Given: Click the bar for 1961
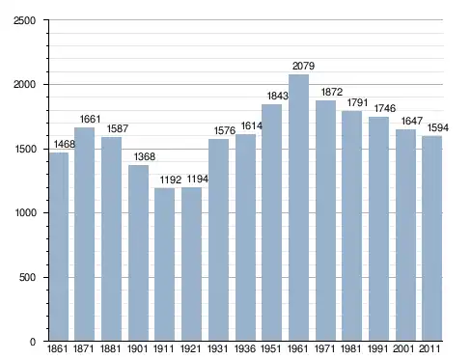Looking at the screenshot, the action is point(298,208).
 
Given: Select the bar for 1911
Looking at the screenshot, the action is point(164,264).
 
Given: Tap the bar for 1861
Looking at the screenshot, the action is point(59,247).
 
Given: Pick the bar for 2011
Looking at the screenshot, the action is point(432,238).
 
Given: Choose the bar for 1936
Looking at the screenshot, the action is point(245,237).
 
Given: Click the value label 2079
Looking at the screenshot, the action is point(303,66).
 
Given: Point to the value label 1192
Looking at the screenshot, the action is point(171,180).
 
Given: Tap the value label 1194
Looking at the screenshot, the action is point(198,179).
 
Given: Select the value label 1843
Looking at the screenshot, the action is point(278,96).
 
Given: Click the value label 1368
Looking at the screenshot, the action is point(145,156).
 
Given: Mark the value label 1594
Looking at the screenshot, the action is point(438,127).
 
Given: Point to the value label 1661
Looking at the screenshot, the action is point(90,119).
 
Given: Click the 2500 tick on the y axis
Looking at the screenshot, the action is point(24,20).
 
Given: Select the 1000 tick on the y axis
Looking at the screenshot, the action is point(25,212).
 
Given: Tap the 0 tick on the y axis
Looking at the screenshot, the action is point(33,342).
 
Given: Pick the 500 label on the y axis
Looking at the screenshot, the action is point(28,277).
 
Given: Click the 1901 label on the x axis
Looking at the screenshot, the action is point(137,348).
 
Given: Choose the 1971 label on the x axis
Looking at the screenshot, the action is point(324,348).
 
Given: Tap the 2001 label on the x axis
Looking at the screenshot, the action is point(403,348).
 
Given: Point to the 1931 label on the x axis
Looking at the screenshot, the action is point(218,348).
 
